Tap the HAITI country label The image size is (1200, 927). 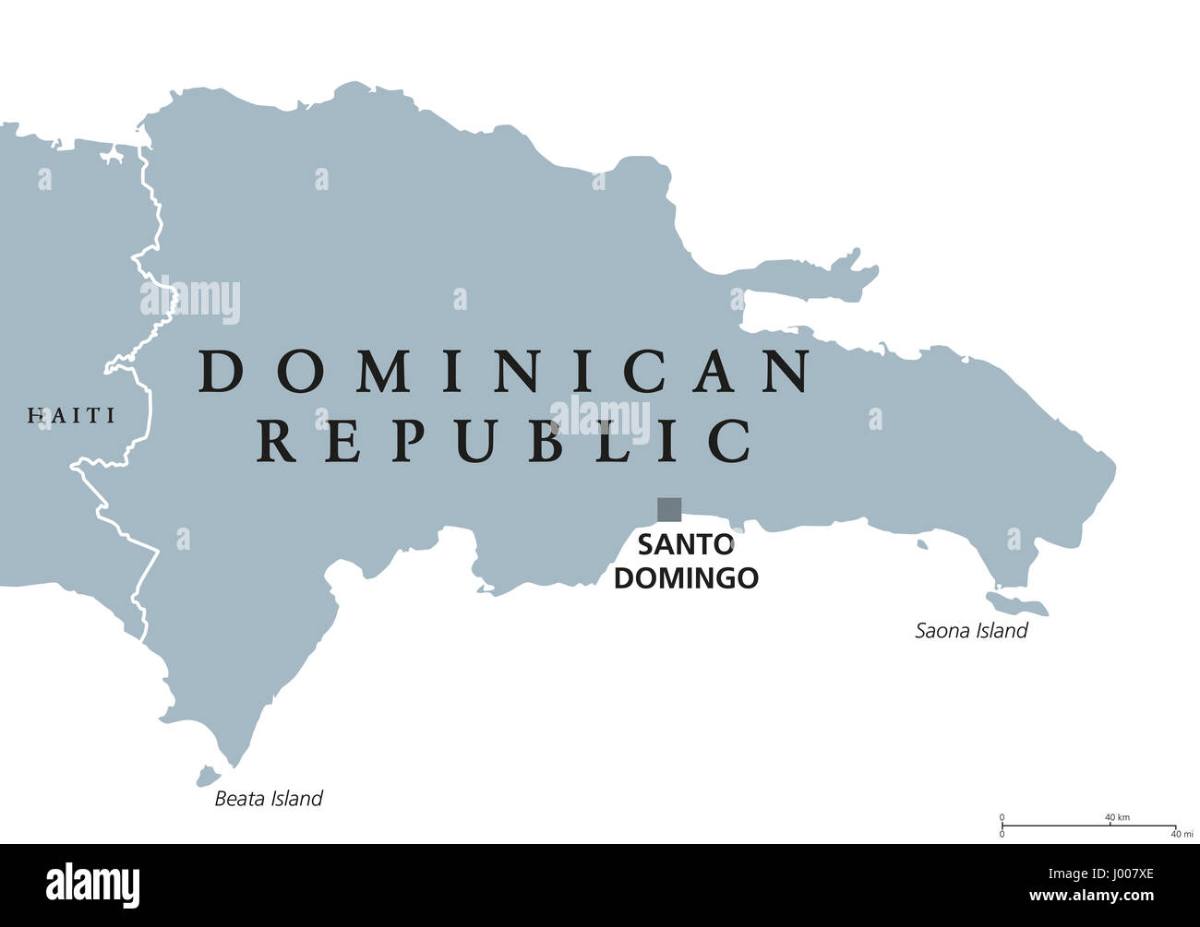pos(72,416)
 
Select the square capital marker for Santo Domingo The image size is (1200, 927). pos(669,509)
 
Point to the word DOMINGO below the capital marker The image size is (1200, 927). pos(686,578)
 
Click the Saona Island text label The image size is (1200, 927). pos(971,631)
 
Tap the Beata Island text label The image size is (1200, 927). pos(269,799)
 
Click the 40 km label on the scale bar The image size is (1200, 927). pos(1117,817)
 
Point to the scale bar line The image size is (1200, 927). pos(1088,825)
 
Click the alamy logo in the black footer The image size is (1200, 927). pos(93,885)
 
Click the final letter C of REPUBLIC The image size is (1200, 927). pos(732,440)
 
